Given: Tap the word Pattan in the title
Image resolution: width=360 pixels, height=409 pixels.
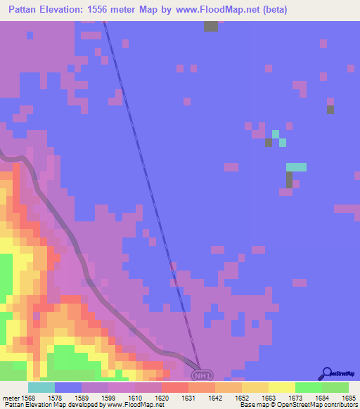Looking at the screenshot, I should (x=27, y=10).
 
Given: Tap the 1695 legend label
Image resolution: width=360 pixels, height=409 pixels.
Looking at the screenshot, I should (x=349, y=397).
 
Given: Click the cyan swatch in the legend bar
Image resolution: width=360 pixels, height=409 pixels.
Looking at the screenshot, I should (x=41, y=387).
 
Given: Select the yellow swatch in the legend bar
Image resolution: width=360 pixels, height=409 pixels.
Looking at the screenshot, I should (x=281, y=387).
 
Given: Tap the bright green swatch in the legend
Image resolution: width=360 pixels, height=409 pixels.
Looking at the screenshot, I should (x=308, y=387).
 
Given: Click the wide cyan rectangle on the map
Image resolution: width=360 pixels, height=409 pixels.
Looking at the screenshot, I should (x=296, y=167).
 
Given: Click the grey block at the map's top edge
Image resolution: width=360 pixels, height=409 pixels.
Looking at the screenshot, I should (x=211, y=26).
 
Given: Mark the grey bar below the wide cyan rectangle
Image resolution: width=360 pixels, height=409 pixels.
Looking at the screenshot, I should (x=289, y=179).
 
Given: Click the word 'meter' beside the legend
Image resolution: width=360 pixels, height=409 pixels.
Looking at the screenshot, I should (x=11, y=397).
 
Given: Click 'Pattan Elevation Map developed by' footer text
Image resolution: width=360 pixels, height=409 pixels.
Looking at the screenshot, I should (x=53, y=405).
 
